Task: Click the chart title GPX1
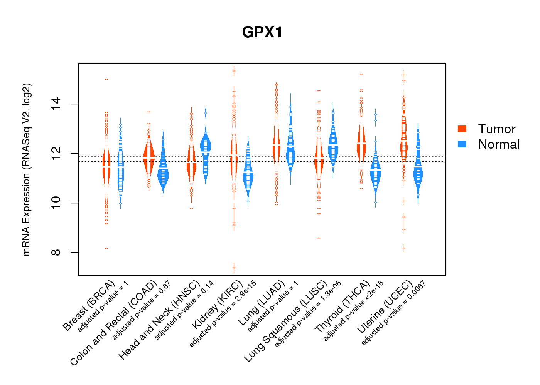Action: pyautogui.click(x=262, y=32)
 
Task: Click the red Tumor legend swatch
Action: pyautogui.click(x=462, y=129)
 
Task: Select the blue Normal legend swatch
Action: pyautogui.click(x=462, y=144)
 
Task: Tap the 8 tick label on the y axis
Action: pyautogui.click(x=56, y=253)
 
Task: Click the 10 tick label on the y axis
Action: pyautogui.click(x=56, y=203)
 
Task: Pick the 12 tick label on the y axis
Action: pyautogui.click(x=56, y=154)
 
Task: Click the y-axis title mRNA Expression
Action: pyautogui.click(x=26, y=169)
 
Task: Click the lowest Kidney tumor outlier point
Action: pyautogui.click(x=234, y=267)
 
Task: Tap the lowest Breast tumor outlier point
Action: pyautogui.click(x=106, y=248)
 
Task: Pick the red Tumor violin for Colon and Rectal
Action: pyautogui.click(x=148, y=156)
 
